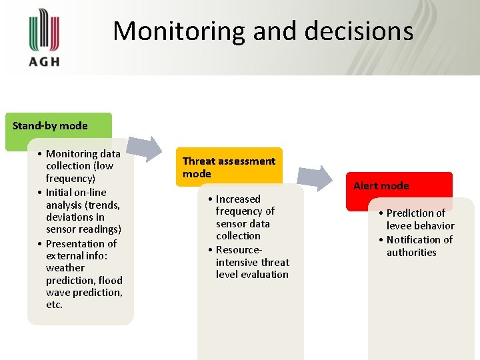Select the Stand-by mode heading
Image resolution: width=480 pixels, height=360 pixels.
[50, 125]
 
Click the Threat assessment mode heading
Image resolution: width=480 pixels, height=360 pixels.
[229, 167]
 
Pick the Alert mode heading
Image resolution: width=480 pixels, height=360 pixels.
[381, 186]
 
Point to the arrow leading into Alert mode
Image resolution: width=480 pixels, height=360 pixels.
[314, 178]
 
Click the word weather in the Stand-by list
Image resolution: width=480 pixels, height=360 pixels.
[65, 267]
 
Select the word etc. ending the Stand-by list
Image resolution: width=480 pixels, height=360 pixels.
[54, 305]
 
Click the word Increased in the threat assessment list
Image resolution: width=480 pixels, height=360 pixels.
[238, 199]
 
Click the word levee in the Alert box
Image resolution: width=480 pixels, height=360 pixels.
[399, 226]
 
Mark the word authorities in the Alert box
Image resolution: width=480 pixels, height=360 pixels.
[411, 252]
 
